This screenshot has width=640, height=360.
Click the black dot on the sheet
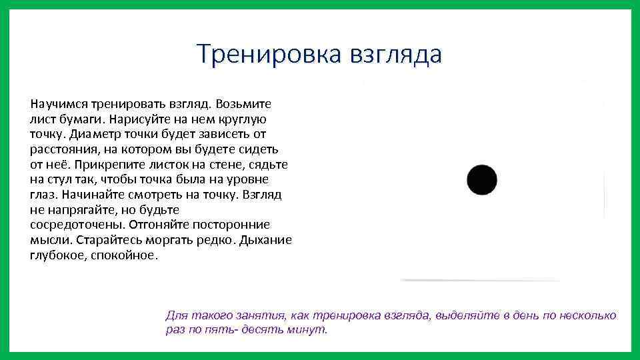click(482, 181)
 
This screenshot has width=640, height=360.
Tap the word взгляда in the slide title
click(394, 55)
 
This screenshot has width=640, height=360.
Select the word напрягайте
click(79, 210)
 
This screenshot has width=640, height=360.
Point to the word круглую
click(241, 120)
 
